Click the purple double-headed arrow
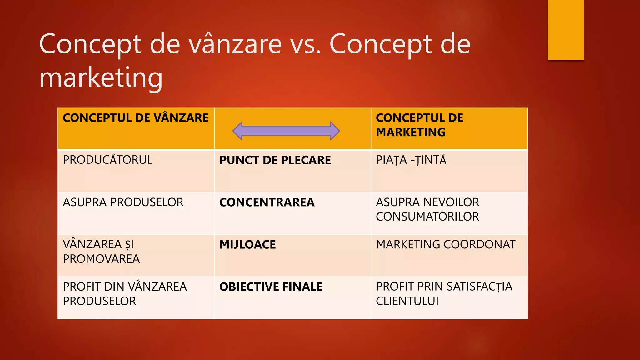286,131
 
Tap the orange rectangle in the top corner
566,30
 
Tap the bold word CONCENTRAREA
267,202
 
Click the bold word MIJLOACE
247,245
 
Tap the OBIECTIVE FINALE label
271,287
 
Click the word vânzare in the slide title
236,44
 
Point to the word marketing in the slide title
101,78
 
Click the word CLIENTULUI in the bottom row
407,301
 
